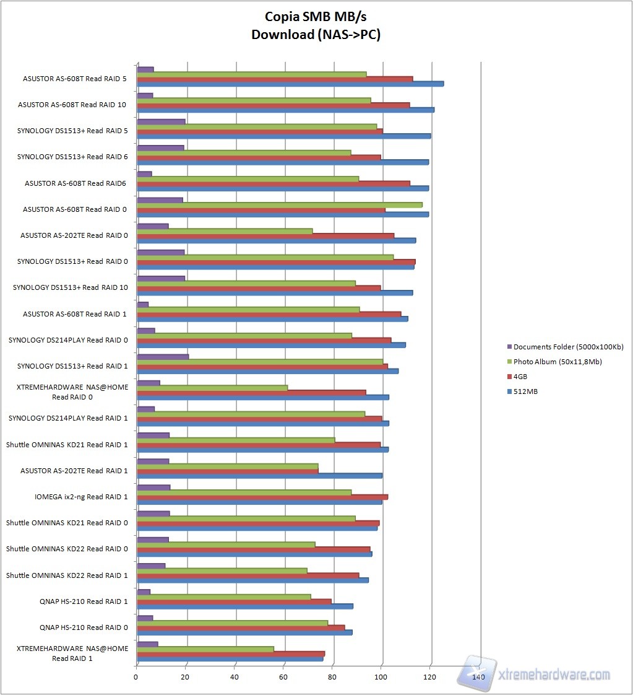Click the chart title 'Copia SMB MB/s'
pos(316,17)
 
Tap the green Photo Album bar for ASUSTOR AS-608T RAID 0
pos(279,204)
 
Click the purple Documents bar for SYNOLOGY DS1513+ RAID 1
pos(162,356)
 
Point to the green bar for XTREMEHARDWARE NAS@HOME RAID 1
pos(205,649)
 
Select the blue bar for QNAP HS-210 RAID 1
pos(244,606)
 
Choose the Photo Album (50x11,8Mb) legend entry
pos(558,362)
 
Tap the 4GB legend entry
pos(520,377)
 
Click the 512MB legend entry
pos(525,391)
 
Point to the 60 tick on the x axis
pos(283,678)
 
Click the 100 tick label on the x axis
pos(382,678)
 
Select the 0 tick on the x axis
pos(136,678)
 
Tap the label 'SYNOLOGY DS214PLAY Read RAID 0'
pos(68,340)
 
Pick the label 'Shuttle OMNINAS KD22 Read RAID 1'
pos(67,575)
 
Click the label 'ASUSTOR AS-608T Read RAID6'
pos(75,183)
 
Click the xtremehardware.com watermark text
pos(554,675)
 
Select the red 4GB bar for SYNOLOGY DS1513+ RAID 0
pos(276,262)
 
